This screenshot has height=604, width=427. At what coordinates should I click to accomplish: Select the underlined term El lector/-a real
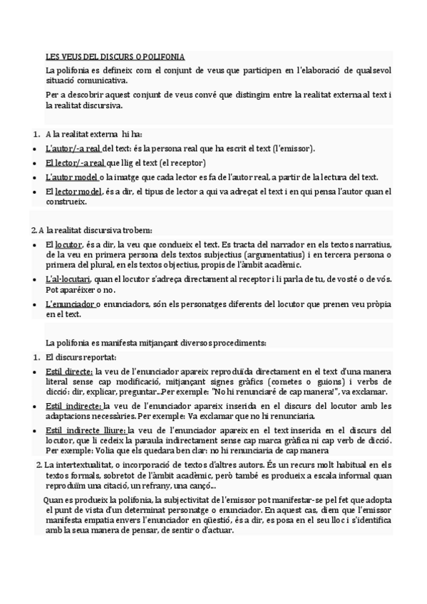pos(74,162)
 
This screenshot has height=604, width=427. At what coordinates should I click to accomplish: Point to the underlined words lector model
pos(78,191)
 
